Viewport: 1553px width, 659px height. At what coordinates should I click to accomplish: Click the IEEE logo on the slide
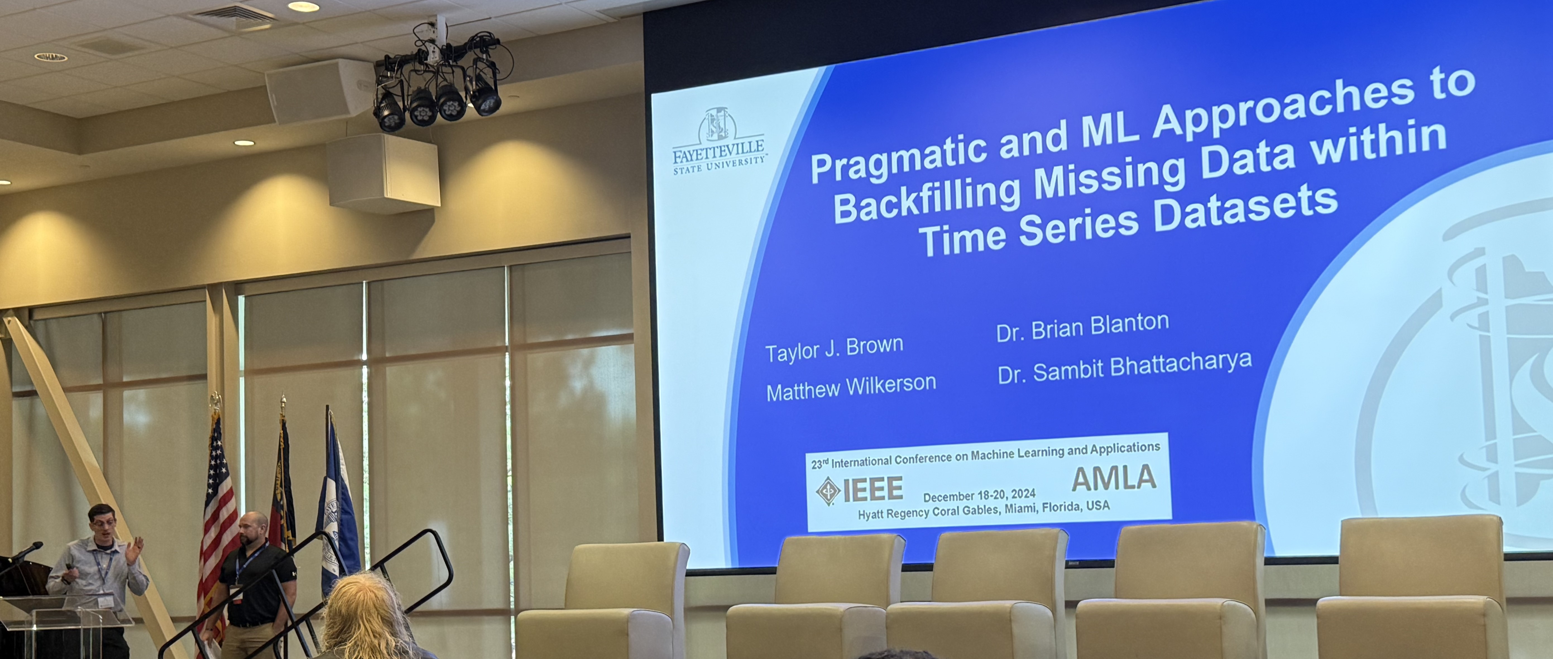[x=859, y=490]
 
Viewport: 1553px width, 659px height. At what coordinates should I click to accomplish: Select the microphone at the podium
[x=25, y=552]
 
